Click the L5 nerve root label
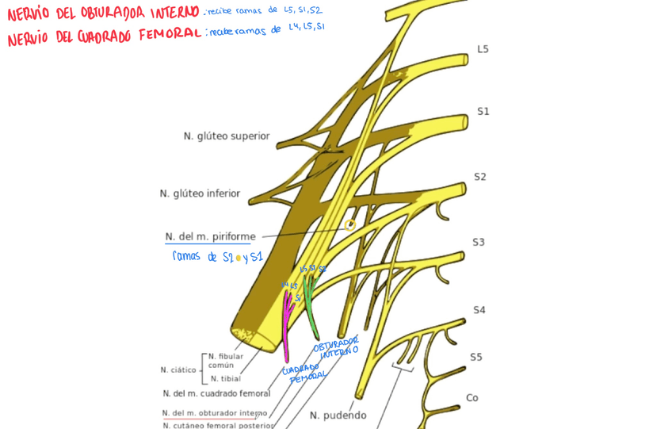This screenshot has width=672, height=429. (x=483, y=49)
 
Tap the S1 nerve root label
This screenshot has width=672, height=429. (x=483, y=112)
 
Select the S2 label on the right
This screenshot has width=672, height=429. (x=480, y=177)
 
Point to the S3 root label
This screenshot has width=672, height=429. (x=479, y=243)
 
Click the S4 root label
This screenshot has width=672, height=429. (x=479, y=310)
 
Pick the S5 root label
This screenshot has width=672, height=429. (x=475, y=357)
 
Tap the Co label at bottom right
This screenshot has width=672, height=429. (x=472, y=398)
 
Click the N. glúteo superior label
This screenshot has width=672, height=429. (x=227, y=136)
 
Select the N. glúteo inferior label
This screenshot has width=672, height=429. (x=200, y=193)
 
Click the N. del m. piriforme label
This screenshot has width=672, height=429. (x=210, y=236)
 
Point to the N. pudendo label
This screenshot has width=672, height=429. (x=338, y=416)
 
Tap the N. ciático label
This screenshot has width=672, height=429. (x=178, y=370)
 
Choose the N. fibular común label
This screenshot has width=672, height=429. (x=226, y=361)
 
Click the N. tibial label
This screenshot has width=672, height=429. (x=226, y=378)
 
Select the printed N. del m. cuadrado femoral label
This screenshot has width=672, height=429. (x=216, y=393)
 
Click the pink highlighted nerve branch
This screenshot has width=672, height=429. (x=286, y=325)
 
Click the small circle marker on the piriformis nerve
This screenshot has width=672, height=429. (x=349, y=225)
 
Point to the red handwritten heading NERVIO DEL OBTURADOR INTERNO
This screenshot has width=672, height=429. (x=103, y=13)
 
